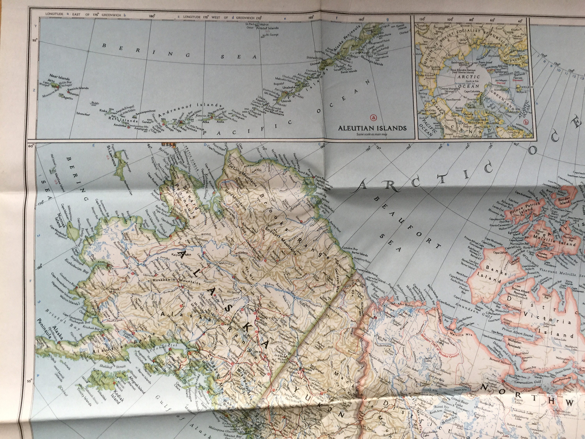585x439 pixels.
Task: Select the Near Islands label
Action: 59,79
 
